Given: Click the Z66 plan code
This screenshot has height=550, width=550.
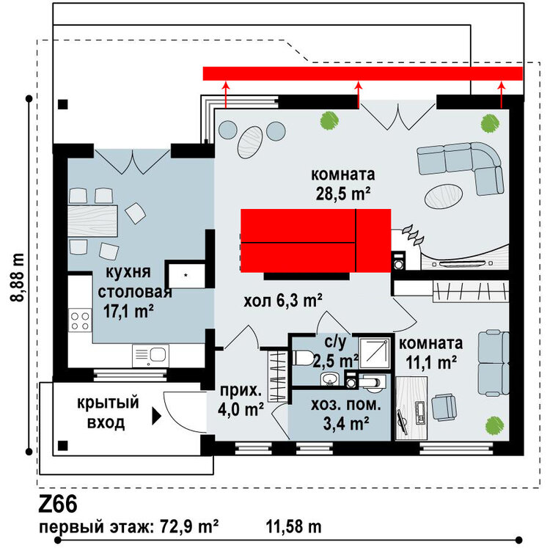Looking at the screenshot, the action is click(58, 505).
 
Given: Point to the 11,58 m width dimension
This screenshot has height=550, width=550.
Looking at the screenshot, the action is click(293, 527).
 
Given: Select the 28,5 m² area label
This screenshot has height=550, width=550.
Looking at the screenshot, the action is click(343, 194).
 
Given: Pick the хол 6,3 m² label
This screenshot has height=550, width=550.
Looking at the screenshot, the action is click(283, 301).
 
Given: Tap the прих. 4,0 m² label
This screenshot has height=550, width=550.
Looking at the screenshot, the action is click(241, 400).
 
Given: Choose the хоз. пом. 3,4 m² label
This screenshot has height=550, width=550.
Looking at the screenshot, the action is click(346, 414).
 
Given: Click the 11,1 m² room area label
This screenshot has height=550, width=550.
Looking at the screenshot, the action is click(431, 362).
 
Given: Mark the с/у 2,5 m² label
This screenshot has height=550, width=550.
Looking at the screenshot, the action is click(336, 352).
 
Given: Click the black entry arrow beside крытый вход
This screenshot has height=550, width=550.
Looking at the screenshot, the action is click(156, 416).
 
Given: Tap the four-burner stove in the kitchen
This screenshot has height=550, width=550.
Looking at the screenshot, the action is click(80, 321).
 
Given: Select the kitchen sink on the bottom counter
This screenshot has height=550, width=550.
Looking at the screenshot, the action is click(150, 356).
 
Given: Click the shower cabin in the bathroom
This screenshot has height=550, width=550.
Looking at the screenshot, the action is click(375, 353).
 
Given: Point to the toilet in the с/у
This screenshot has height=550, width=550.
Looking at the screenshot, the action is click(303, 358).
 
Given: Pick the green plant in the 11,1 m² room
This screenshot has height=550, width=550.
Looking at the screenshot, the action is click(494, 425).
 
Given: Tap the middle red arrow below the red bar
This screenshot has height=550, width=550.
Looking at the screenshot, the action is click(358, 95).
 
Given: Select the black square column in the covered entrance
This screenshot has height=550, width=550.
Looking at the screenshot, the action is click(63, 445).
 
